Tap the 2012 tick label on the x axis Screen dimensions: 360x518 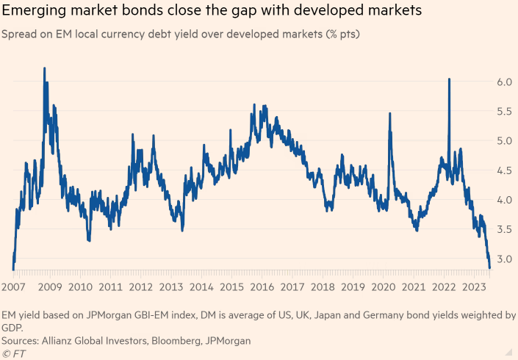(141, 287)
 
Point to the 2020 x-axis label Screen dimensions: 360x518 (382, 287)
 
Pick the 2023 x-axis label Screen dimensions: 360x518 (472, 287)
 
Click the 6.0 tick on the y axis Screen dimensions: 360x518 (502, 82)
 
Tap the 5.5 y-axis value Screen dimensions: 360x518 (502, 112)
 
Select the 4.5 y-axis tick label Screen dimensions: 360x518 (502, 170)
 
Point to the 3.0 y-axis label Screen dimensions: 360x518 (502, 259)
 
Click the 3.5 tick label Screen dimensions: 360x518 (502, 230)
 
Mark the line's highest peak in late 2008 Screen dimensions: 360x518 (45, 68)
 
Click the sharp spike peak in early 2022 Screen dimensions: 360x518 (448, 79)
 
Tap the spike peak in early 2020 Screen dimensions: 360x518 (389, 114)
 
